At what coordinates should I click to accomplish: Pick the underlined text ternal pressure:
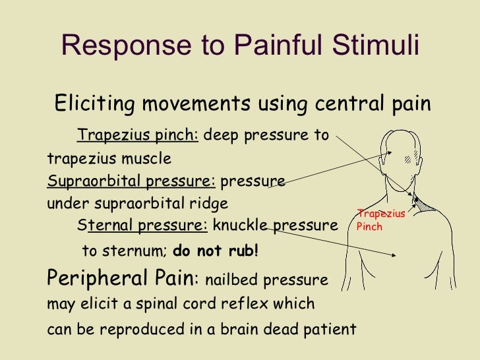click(147, 226)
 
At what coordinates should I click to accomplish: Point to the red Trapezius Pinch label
click(380, 220)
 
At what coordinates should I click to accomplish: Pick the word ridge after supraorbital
click(210, 203)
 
